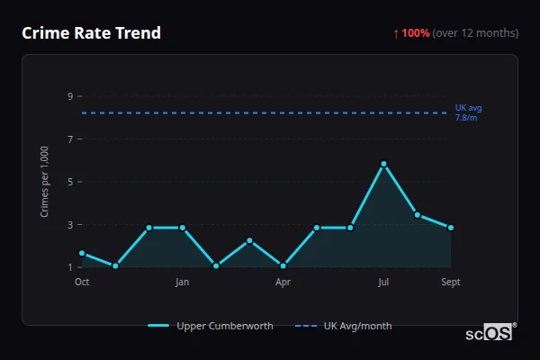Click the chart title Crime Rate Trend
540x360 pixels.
(x=91, y=33)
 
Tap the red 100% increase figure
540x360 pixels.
(x=415, y=33)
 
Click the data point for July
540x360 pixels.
(x=383, y=164)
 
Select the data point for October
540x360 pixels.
(x=82, y=253)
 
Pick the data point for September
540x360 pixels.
(x=451, y=228)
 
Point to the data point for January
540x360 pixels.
(x=183, y=228)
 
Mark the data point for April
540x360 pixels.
(x=283, y=265)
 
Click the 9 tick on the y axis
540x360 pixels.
(x=69, y=96)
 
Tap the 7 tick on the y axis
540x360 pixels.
(x=69, y=139)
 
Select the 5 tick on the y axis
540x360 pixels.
(x=69, y=182)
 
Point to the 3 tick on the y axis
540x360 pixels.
(x=69, y=224)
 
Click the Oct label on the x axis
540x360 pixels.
(x=82, y=282)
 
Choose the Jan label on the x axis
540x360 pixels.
(x=183, y=282)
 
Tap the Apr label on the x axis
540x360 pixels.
(x=283, y=282)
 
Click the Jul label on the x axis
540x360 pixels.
(x=383, y=282)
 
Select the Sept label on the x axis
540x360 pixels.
(x=451, y=282)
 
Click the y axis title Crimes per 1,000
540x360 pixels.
(x=45, y=181)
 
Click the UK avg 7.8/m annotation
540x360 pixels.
(x=468, y=112)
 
